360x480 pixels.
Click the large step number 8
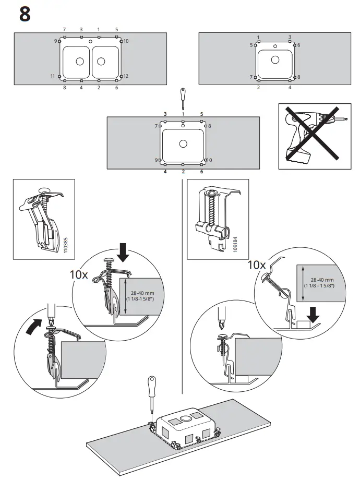(25, 15)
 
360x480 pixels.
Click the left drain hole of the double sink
(79, 62)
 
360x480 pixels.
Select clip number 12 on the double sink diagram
(121, 77)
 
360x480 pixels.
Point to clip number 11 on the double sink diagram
(59, 77)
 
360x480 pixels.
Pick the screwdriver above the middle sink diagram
(183, 97)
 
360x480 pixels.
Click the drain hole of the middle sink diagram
(183, 143)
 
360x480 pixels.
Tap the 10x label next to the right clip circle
(257, 265)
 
